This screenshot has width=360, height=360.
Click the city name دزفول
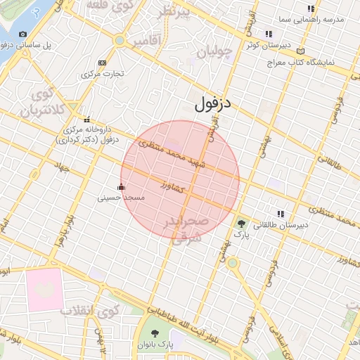coord(213,106)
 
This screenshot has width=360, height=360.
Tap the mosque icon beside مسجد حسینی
coord(121,187)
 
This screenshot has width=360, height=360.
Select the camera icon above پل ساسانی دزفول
coord(23,34)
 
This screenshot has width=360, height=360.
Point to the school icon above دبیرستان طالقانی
coord(281,214)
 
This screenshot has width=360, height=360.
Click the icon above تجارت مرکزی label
coord(103,63)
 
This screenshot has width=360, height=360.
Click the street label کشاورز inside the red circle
coord(172,186)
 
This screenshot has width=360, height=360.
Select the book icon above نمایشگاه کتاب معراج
coord(301,51)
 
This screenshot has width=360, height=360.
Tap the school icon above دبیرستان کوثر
coord(268,34)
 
